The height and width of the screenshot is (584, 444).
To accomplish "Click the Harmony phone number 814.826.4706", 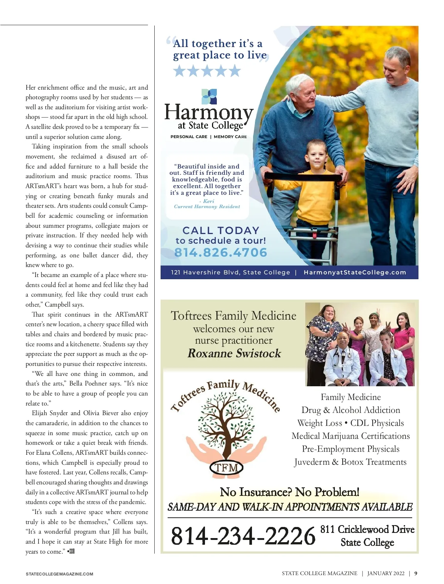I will click(221, 253).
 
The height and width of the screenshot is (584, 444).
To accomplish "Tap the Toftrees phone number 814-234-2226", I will click(243, 536).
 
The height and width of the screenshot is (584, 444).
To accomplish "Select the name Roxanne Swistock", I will click(234, 353).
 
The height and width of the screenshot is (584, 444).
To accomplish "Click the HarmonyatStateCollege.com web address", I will click(355, 273).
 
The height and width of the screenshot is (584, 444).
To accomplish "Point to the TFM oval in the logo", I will click(226, 467).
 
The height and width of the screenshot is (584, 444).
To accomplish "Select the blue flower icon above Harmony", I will click(209, 96).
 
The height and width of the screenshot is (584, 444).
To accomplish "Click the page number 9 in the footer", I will click(416, 573).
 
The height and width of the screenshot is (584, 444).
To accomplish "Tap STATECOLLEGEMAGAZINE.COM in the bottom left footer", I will click(60, 574).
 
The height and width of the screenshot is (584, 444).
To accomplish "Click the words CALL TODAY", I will click(221, 230).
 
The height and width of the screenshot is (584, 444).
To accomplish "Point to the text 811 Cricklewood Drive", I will click(367, 529).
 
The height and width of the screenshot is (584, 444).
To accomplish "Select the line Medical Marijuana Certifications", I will click(350, 436).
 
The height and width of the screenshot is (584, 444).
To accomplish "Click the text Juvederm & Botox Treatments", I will click(350, 462).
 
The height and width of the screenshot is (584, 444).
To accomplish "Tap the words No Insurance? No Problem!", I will click(289, 492).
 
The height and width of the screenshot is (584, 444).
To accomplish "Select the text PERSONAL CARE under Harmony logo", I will click(189, 137).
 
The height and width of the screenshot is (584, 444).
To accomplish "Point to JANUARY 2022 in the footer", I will click(386, 573).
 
